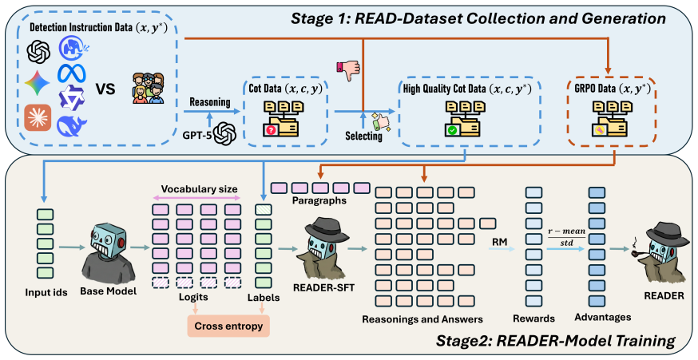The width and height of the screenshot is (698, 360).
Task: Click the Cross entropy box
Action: (229, 326)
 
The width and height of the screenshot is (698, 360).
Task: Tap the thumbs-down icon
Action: (348, 69)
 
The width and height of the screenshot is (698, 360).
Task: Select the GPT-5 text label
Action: (196, 134)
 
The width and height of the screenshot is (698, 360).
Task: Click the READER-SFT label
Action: (323, 288)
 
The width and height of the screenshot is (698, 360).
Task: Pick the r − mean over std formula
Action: (567, 237)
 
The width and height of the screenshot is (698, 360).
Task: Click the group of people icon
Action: (149, 89)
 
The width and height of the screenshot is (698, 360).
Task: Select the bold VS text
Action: (105, 89)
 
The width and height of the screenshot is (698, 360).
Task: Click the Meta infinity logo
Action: (72, 73)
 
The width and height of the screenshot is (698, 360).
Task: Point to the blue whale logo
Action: (72, 125)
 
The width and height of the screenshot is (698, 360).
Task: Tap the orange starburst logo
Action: (38, 117)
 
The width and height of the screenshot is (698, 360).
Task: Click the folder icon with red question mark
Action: (281, 118)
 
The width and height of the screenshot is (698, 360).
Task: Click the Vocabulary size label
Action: (200, 188)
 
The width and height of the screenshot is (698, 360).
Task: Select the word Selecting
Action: (363, 136)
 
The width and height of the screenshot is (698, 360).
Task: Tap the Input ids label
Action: (46, 292)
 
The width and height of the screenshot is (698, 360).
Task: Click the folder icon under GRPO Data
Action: (609, 118)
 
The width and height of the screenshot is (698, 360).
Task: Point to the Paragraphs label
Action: (319, 201)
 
